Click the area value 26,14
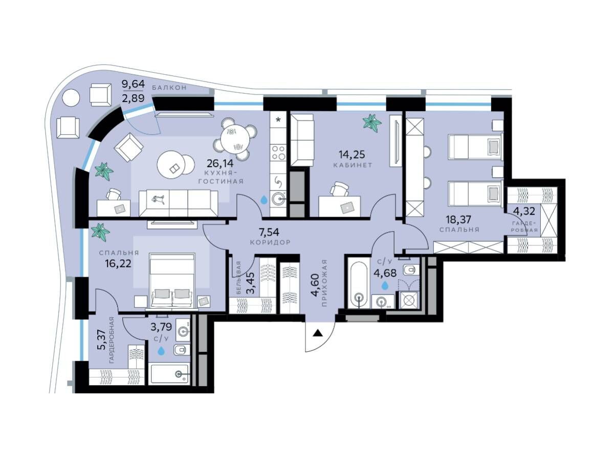point(220,163)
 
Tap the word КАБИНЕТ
point(353,165)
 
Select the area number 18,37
point(458,219)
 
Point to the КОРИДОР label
point(270,242)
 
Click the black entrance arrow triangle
point(318,333)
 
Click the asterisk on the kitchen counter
point(278,120)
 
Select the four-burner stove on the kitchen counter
point(278,152)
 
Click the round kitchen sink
point(277,200)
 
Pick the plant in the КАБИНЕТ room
point(372,122)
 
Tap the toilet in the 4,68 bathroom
point(410,270)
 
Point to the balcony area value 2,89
point(133,98)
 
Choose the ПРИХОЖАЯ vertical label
point(324,283)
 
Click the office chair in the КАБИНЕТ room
point(339,189)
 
